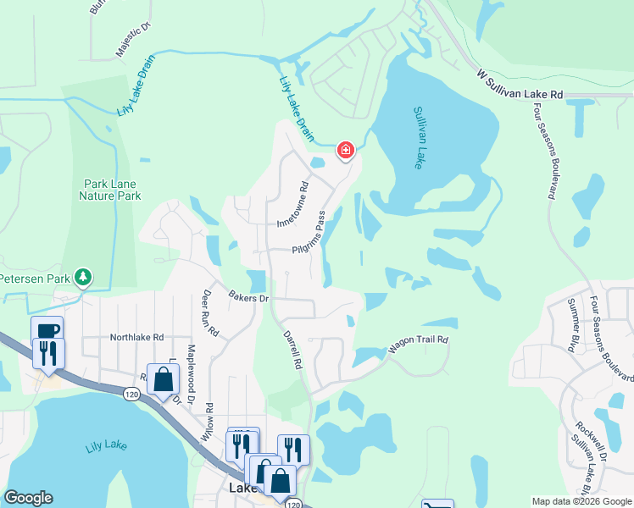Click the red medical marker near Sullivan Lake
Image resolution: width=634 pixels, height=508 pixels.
pyautogui.click(x=346, y=151)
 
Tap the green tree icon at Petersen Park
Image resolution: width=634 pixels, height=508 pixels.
pyautogui.click(x=83, y=277)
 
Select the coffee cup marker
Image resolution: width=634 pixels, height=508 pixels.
pyautogui.click(x=46, y=329)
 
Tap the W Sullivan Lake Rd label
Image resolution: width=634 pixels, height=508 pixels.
pyautogui.click(x=520, y=86)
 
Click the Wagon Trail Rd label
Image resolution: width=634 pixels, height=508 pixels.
pyautogui.click(x=418, y=344)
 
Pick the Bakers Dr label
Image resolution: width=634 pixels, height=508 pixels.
pyautogui.click(x=248, y=297)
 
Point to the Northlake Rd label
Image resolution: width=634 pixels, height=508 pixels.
pyautogui.click(x=136, y=337)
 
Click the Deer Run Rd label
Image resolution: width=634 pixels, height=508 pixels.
pyautogui.click(x=209, y=314)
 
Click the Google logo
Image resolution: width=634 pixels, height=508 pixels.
pyautogui.click(x=28, y=498)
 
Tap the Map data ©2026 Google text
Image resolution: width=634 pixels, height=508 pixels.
pyautogui.click(x=581, y=501)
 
